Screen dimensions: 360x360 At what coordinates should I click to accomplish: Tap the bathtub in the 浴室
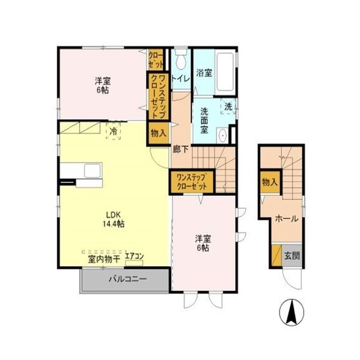tap(225, 72)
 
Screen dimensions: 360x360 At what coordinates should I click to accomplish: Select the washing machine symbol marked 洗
tap(228, 106)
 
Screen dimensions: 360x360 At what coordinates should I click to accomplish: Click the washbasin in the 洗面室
tap(222, 136)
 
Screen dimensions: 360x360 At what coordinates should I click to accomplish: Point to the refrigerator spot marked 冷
tap(113, 131)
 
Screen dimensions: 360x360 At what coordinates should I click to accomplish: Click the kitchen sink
tap(93, 170)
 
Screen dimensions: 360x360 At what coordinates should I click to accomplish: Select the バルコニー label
tap(128, 279)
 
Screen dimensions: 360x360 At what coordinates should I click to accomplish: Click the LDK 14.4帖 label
tap(114, 219)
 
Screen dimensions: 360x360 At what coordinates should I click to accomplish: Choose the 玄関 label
tap(292, 256)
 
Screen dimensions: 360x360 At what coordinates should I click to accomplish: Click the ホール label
tap(286, 219)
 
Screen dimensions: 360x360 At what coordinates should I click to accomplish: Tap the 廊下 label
tap(181, 150)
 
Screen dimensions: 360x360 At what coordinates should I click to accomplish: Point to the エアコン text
tap(134, 256)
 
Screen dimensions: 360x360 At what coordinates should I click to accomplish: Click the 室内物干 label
tap(104, 259)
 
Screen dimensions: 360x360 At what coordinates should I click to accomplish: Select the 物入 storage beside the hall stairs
tap(270, 182)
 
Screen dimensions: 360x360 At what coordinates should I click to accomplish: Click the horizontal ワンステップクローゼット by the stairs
tap(192, 182)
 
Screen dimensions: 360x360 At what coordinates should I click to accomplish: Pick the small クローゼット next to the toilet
tap(156, 60)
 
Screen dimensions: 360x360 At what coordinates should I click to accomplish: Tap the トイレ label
tap(181, 79)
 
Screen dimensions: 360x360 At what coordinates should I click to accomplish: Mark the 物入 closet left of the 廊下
tap(159, 133)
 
